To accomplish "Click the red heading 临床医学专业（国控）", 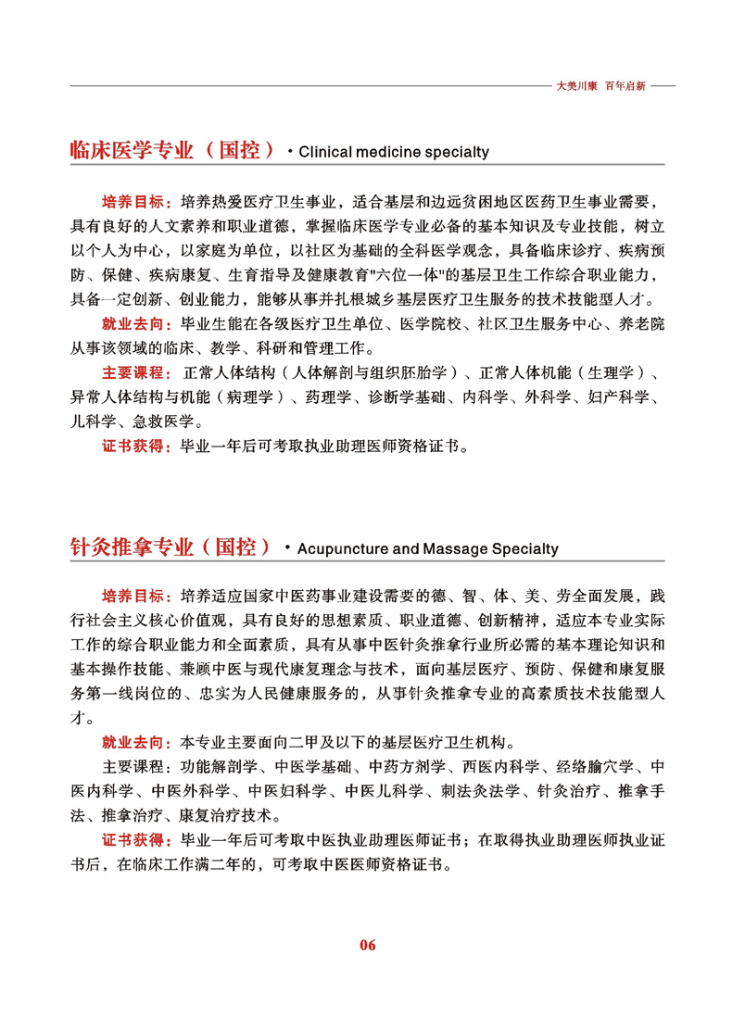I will [x=172, y=150].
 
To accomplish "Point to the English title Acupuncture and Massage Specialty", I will [x=428, y=548].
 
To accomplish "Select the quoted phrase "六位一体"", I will [x=394, y=276].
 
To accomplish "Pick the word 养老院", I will [x=642, y=325].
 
